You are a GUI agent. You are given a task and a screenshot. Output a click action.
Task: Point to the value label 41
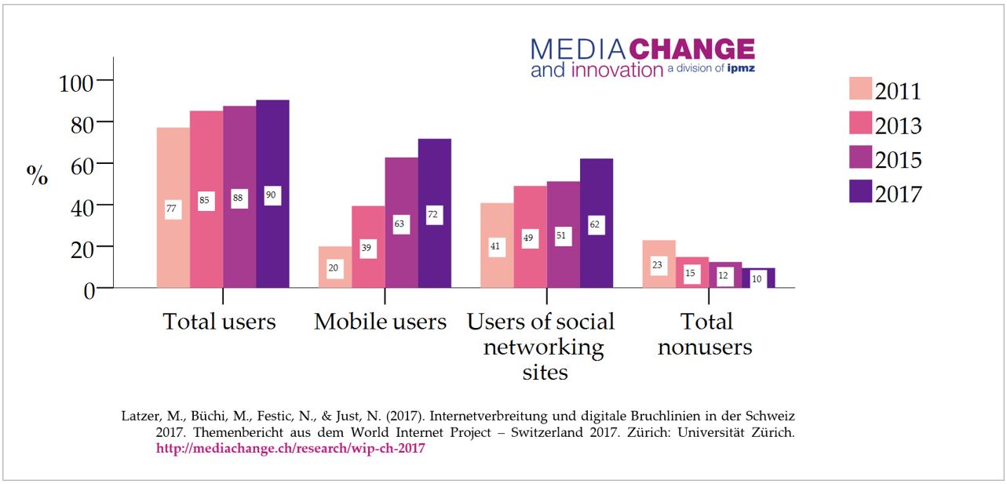pyautogui.click(x=496, y=246)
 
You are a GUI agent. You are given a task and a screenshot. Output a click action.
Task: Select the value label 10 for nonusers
pyautogui.click(x=757, y=278)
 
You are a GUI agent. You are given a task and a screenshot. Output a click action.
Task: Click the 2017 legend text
pyautogui.click(x=899, y=193)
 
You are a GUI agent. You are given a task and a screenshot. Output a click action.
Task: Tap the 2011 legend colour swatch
pyautogui.click(x=860, y=89)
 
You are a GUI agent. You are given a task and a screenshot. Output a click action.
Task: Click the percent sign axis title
pyautogui.click(x=37, y=176)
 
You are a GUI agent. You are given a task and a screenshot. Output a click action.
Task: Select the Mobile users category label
pyautogui.click(x=381, y=322)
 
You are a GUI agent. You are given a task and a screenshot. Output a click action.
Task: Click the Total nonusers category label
pyautogui.click(x=706, y=334)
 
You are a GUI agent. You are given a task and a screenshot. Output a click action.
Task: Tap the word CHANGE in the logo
pyautogui.click(x=692, y=49)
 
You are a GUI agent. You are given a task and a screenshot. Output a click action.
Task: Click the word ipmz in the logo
pyautogui.click(x=741, y=69)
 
